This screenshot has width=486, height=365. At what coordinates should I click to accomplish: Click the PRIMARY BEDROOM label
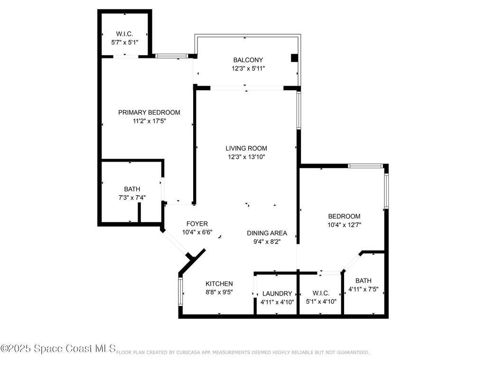click(149, 113)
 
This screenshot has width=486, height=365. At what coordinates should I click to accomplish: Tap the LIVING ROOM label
click(246, 148)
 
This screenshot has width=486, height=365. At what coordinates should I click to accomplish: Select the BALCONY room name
click(248, 60)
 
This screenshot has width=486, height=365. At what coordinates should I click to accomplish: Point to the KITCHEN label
click(219, 284)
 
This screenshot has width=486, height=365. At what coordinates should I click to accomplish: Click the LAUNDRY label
click(277, 294)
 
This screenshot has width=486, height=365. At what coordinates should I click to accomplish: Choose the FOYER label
click(197, 224)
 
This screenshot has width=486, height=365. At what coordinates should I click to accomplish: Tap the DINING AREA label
click(267, 233)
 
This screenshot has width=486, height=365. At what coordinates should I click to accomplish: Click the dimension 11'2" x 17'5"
click(149, 121)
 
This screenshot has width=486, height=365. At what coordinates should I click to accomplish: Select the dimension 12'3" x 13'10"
click(246, 157)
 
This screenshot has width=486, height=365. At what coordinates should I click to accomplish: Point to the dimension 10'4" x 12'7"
click(344, 225)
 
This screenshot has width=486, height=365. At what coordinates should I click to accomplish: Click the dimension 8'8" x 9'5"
click(219, 292)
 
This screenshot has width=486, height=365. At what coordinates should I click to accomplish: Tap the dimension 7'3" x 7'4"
click(132, 198)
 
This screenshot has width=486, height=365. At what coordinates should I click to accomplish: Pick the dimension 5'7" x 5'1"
click(125, 42)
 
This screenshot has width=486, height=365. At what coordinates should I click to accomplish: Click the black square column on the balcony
click(294, 58)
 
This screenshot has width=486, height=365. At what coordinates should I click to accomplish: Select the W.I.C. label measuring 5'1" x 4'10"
click(321, 293)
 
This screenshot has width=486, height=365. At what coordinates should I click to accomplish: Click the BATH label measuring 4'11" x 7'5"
click(364, 280)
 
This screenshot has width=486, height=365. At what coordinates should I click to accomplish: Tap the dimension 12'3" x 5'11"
click(248, 68)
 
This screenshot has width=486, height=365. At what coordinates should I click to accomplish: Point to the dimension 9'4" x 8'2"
click(267, 241)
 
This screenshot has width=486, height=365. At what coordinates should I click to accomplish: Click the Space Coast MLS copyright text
click(58, 349)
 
